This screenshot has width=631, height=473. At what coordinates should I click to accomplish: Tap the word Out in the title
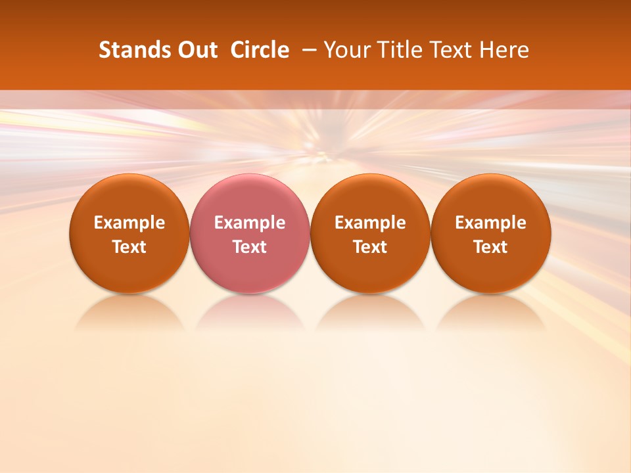[x=197, y=50]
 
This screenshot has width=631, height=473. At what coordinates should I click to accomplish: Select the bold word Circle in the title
[x=260, y=50]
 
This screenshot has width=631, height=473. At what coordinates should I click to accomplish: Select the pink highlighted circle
[x=249, y=233]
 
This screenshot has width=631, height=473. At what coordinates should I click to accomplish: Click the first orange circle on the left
[x=129, y=233]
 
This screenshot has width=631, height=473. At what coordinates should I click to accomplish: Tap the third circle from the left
[x=370, y=233]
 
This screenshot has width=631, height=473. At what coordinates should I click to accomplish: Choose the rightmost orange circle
[x=490, y=233]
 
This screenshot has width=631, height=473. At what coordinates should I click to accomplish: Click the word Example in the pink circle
[x=250, y=223]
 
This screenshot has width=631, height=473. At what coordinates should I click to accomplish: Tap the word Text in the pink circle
[x=250, y=247]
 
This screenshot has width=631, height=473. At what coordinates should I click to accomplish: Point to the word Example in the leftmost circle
[x=129, y=223]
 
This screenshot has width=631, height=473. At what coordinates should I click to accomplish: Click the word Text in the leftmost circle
[x=129, y=247]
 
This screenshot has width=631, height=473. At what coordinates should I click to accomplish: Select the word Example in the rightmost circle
[x=491, y=223]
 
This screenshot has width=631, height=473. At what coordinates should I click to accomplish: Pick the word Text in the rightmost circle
[x=491, y=247]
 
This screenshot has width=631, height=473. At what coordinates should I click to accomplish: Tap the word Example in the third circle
[x=371, y=223]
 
